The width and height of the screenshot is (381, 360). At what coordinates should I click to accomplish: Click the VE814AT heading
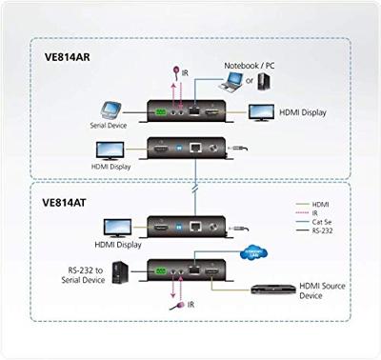coord(68,203)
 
